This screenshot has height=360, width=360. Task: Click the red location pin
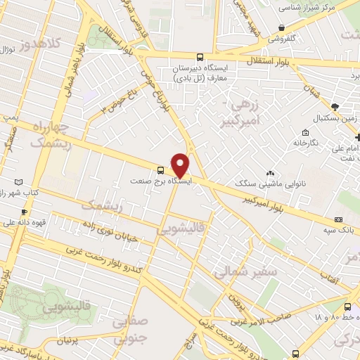point(180,165)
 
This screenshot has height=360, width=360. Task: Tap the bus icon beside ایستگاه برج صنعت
point(161,170)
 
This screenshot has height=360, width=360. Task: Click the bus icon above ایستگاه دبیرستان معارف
point(200,57)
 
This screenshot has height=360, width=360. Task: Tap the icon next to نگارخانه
point(305,133)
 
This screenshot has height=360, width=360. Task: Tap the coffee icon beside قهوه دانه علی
point(24,212)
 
